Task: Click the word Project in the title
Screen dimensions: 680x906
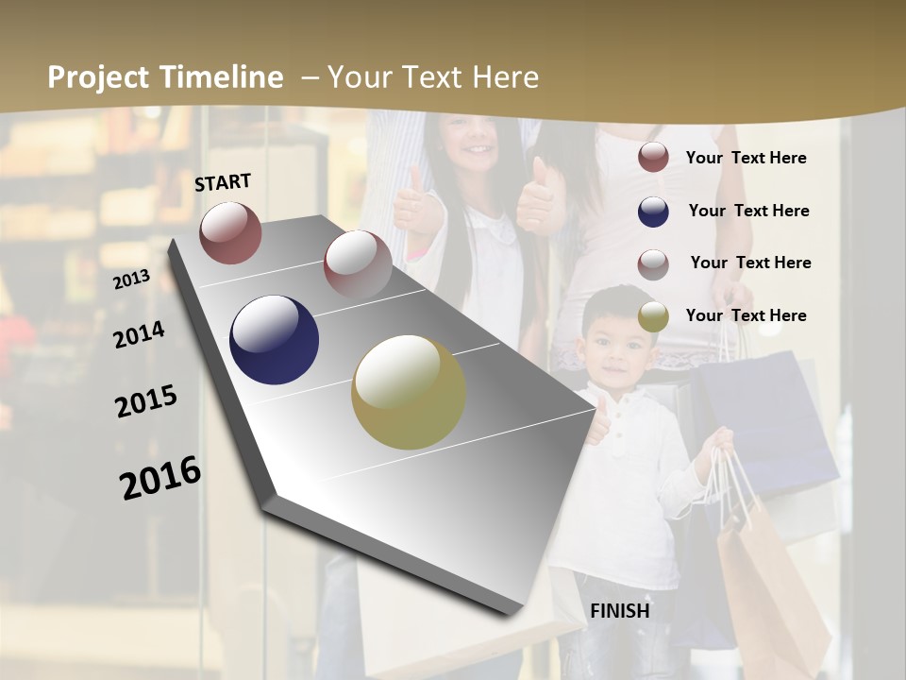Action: coord(99,77)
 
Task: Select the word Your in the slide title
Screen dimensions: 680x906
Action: coord(359,77)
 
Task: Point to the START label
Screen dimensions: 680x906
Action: coord(223,182)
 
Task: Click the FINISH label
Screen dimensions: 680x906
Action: coord(620,611)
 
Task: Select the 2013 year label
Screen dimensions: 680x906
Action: coord(131,280)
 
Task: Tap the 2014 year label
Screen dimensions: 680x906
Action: coord(139,335)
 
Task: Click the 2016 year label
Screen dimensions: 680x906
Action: coord(161,478)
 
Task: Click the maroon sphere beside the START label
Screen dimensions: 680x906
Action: coord(230,232)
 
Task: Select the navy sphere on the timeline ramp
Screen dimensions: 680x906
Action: coord(275,340)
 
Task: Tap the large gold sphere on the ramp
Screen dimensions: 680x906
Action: coord(409,392)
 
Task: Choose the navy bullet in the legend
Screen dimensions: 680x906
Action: coord(653,212)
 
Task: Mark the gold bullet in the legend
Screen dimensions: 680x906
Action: coord(653,317)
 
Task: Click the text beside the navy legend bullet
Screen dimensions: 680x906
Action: coord(748,211)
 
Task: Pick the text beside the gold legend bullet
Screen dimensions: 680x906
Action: coord(746,315)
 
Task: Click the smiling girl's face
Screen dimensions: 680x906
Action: coord(470,141)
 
